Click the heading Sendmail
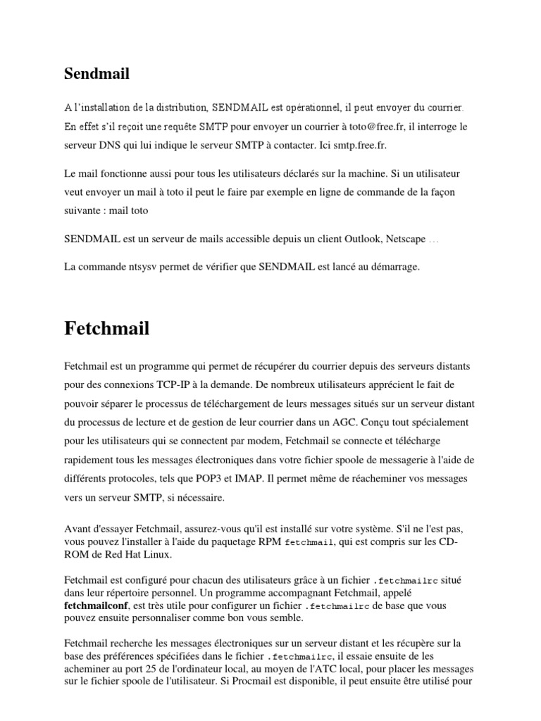97,73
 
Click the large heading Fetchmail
107,328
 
